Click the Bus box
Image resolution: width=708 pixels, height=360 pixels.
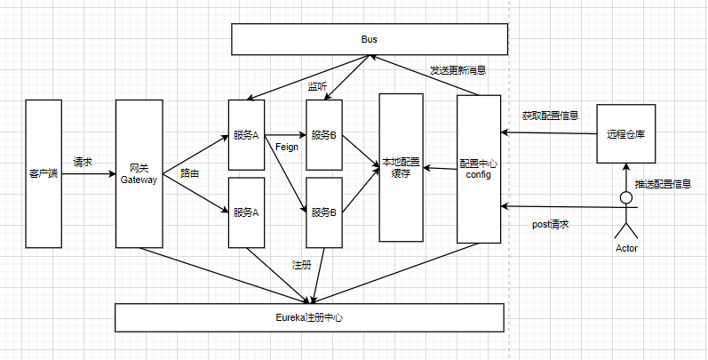369,40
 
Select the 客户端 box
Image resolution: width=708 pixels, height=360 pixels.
43,173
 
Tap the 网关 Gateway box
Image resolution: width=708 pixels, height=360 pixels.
139,173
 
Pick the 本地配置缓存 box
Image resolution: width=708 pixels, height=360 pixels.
401,167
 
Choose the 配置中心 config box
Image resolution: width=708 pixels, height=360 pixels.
479,169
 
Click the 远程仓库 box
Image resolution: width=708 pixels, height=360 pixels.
625,134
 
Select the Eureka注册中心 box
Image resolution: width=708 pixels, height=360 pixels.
309,316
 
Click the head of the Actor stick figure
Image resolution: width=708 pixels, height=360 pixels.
626,196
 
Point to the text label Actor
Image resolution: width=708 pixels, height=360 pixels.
626,248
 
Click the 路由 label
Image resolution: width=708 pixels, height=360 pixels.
189,173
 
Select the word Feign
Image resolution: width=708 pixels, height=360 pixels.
286,146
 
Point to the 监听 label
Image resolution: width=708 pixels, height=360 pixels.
317,85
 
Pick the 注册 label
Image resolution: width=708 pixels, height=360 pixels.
301,264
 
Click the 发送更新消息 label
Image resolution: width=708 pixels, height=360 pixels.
457,69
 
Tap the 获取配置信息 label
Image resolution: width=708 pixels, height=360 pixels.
550,116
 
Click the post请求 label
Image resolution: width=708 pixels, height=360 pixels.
550,224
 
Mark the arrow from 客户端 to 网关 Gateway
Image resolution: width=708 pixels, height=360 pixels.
88,174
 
